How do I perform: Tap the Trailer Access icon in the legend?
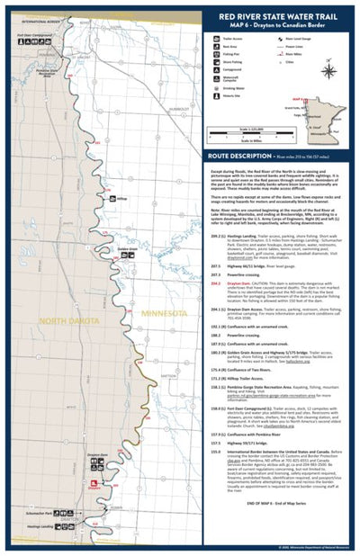(x=217, y=42)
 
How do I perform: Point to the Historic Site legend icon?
(x=217, y=120)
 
